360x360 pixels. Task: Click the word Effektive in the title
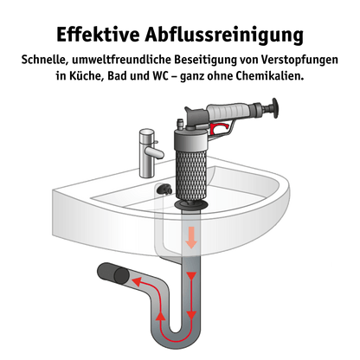pos(98,35)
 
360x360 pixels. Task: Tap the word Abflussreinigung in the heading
pos(224,35)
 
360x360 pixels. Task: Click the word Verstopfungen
pos(299,61)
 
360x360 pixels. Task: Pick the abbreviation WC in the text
pos(160,76)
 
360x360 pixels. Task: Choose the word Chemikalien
pos(270,76)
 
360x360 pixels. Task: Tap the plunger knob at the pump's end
pos(273,108)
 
